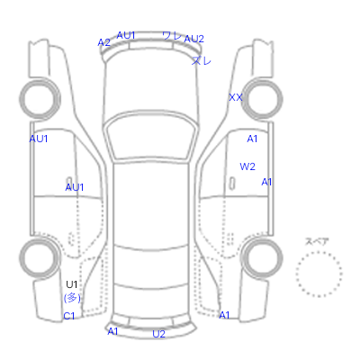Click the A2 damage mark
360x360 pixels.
point(103,42)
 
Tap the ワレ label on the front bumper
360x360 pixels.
point(173,36)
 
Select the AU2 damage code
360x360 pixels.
point(193,39)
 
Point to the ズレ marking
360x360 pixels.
point(202,60)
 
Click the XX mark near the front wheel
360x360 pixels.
point(236,97)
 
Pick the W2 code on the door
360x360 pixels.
point(247,166)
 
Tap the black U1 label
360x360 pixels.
point(72,284)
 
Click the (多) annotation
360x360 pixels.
point(72,298)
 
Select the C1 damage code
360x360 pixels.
point(69,316)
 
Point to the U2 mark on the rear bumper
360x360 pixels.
point(158,334)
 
